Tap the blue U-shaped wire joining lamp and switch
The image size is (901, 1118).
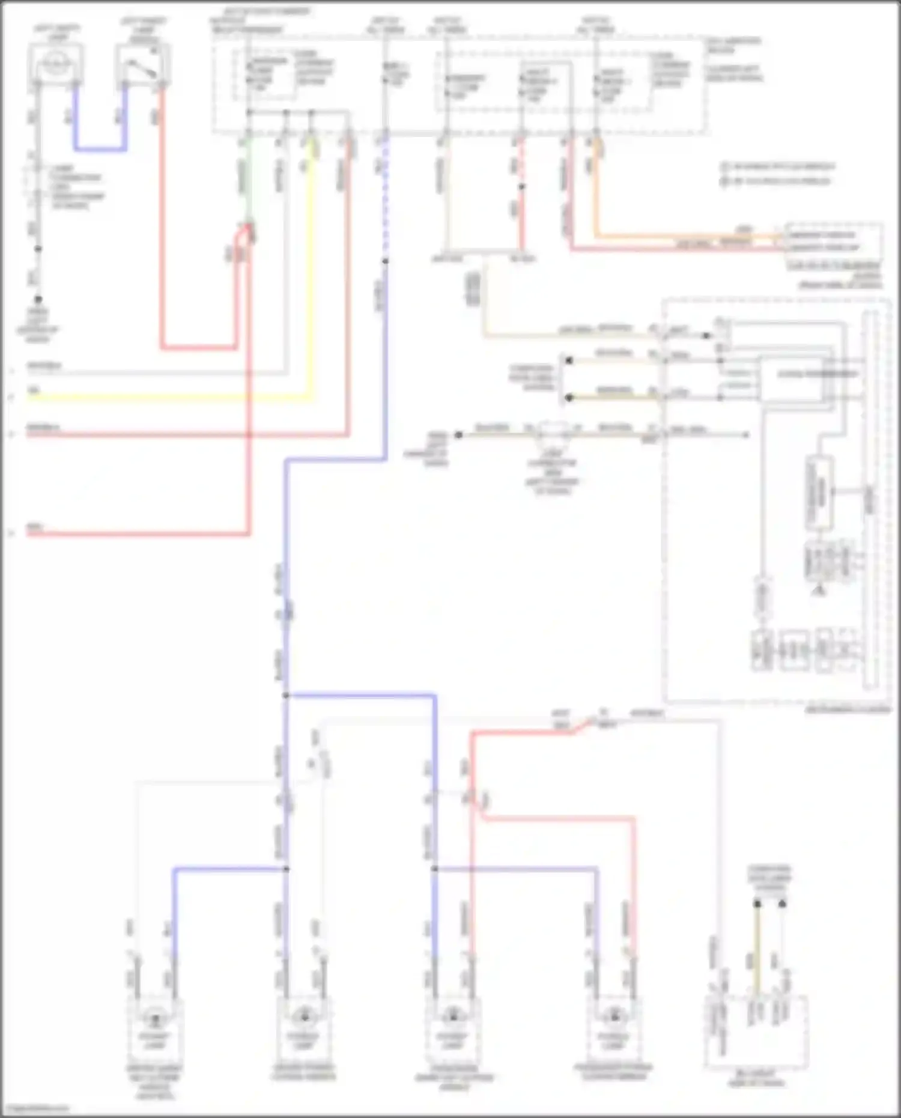(x=100, y=148)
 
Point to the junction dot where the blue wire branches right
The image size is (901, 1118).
(x=287, y=696)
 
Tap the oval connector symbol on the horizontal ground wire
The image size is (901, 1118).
(x=553, y=431)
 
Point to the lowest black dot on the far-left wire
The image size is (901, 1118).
(x=38, y=299)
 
